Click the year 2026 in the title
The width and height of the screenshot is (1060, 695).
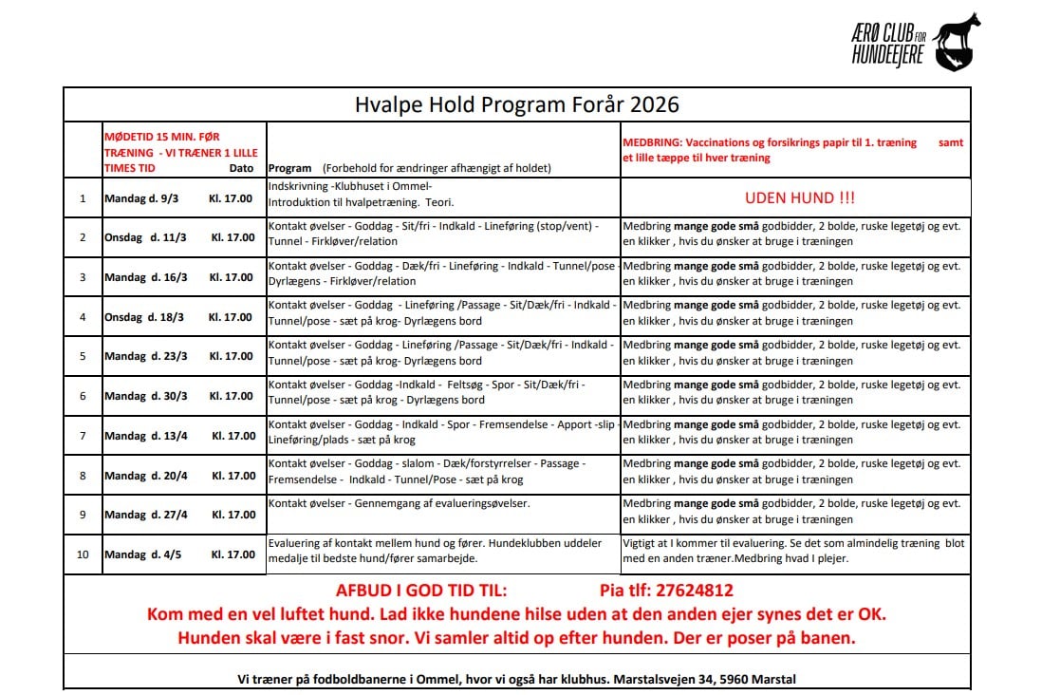pos(655,103)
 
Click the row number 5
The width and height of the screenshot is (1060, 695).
pos(83,356)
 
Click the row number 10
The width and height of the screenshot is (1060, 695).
pos(83,554)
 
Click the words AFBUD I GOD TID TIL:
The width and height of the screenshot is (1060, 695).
pos(421,590)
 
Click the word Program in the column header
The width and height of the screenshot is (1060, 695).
pos(289,168)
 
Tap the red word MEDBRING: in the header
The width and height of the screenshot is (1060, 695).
pos(652,142)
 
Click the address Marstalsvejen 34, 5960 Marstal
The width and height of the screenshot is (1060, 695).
pos(705,680)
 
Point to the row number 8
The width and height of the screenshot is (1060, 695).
pos(83,475)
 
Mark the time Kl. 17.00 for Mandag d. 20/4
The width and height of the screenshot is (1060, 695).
pos(233,476)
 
